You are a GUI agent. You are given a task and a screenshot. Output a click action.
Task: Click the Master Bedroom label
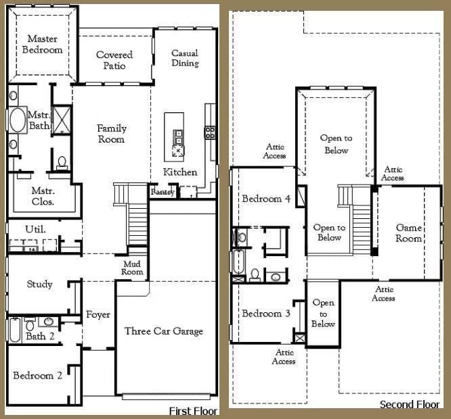[x=42, y=44]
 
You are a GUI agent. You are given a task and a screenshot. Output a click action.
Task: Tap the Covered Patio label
[x=114, y=60]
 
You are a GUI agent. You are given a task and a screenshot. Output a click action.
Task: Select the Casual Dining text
[x=185, y=58]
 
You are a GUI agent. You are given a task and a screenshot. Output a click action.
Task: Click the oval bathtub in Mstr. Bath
[x=18, y=120]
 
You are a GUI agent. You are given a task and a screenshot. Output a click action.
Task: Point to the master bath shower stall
[x=61, y=120]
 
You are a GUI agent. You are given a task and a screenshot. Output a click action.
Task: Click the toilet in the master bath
[x=62, y=163]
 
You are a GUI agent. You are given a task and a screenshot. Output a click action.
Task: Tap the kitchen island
[x=174, y=137]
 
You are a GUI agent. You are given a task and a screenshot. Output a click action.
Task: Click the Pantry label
[x=163, y=192]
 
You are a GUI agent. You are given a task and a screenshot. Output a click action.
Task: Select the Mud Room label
[x=132, y=268]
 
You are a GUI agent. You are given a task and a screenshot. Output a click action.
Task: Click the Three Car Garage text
[x=164, y=331]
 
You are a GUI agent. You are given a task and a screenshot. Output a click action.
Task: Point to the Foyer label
[x=98, y=314]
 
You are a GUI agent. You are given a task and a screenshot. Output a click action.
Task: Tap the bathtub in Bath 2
[x=15, y=330]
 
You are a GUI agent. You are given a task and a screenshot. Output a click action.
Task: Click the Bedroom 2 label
[x=38, y=375]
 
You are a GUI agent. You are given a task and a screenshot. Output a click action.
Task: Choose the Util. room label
[x=35, y=229]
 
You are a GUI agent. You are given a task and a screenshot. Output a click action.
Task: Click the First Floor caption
[x=193, y=411]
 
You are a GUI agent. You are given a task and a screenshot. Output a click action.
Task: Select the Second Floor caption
[x=410, y=404]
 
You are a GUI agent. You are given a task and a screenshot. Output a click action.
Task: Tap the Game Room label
[x=409, y=233]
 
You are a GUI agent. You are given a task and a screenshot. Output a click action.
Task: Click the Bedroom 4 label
[x=266, y=199]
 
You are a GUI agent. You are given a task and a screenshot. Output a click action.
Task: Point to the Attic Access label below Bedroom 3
[x=284, y=357]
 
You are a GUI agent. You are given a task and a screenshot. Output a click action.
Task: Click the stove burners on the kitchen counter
[x=210, y=132]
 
